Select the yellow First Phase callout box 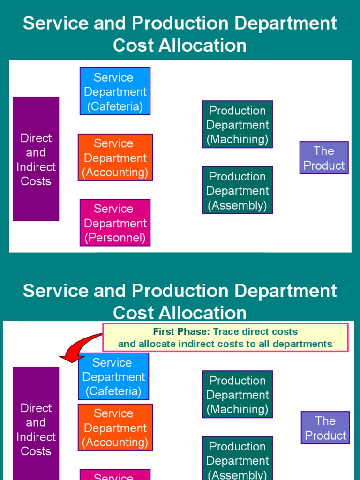[x=225, y=337]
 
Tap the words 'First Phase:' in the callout [x=181, y=332]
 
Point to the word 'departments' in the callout [x=305, y=344]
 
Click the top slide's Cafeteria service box [x=115, y=91]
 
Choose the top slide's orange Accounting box [x=115, y=157]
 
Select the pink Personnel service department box [x=115, y=223]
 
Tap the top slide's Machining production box [x=237, y=125]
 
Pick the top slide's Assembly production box [x=237, y=190]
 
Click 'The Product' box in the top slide [x=324, y=158]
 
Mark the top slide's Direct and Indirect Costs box [x=36, y=159]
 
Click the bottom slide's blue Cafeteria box [x=113, y=376]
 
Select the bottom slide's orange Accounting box [x=115, y=427]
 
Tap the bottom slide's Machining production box [x=237, y=395]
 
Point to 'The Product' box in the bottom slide [x=325, y=428]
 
